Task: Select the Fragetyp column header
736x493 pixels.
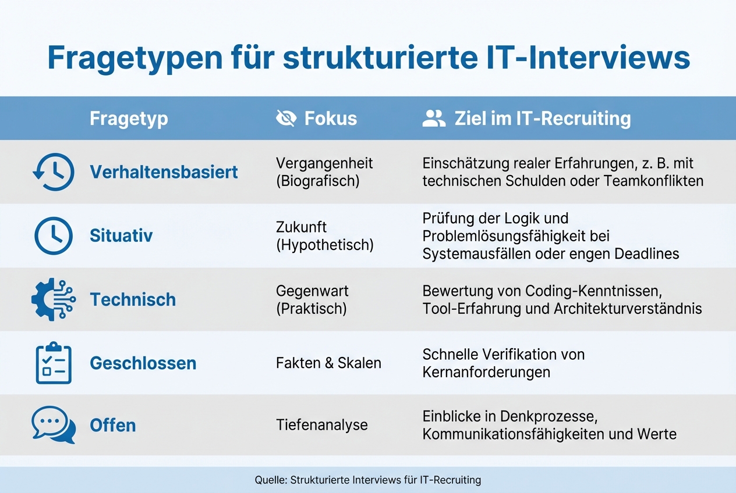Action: tap(129, 119)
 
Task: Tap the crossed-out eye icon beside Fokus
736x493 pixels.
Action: tap(286, 119)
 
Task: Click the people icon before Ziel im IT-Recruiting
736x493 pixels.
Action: tap(433, 119)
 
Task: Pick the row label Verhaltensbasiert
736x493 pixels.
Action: tap(164, 172)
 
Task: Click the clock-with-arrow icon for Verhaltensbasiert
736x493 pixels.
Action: tap(54, 172)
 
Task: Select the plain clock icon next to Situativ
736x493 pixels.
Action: tap(54, 235)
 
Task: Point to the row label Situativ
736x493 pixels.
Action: tap(121, 235)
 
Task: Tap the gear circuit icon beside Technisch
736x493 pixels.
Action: tap(54, 299)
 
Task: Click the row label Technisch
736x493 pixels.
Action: tap(133, 299)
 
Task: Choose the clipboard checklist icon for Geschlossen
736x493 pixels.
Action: tap(54, 363)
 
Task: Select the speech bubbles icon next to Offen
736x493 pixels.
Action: tap(54, 425)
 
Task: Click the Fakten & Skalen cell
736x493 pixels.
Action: tap(328, 363)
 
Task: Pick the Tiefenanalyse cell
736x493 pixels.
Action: tap(321, 425)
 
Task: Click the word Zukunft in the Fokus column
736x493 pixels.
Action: tap(301, 227)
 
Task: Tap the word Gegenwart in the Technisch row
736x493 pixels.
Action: tap(312, 291)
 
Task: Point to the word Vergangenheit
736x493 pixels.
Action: tap(324, 163)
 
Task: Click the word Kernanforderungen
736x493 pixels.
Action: tap(486, 372)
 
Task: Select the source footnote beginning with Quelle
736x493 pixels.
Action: tap(368, 480)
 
